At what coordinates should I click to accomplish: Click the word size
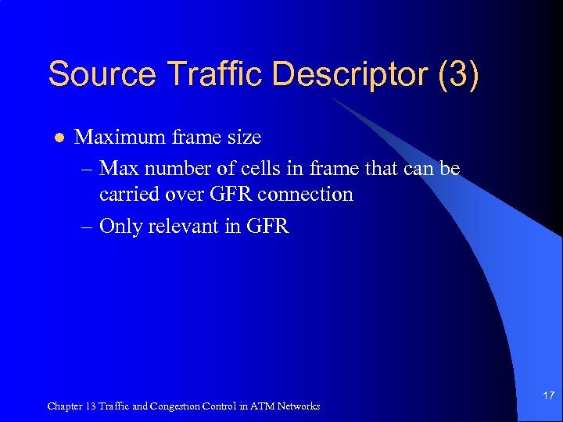point(242,138)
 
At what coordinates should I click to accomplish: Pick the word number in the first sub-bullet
point(179,168)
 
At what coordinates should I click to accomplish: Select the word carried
point(127,195)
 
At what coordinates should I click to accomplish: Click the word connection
point(309,195)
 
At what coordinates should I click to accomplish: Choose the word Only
point(120,227)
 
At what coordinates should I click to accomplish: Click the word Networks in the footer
point(297,406)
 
